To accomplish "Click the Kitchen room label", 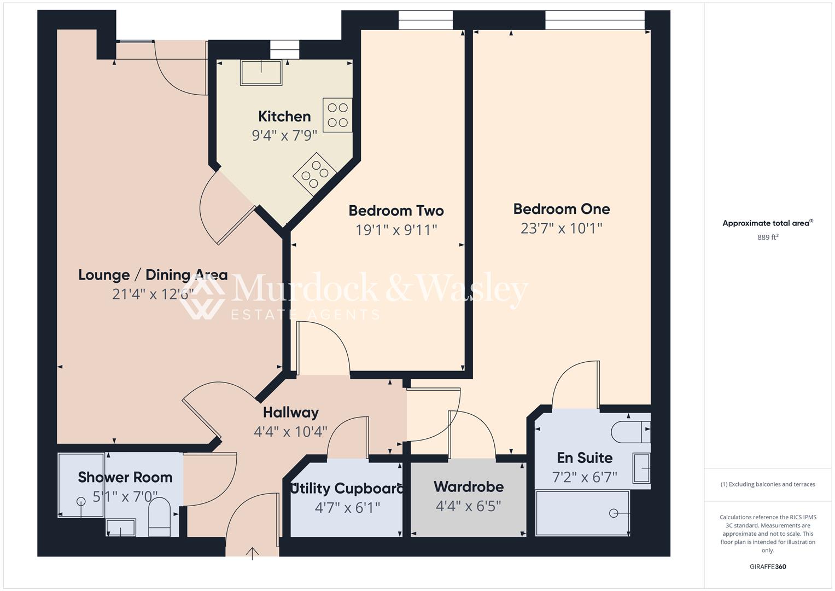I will click(284, 116).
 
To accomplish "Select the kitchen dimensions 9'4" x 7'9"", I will click(284, 135).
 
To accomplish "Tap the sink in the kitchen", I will click(261, 72).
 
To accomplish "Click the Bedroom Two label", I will click(396, 211).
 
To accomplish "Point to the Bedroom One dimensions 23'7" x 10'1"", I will click(561, 228).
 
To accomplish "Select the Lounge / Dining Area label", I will click(153, 275).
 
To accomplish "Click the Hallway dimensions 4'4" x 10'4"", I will click(290, 432).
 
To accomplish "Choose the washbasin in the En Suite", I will click(641, 468).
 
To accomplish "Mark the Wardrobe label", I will click(469, 486).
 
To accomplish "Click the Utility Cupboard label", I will click(347, 488).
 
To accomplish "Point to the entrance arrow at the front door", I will click(252, 553).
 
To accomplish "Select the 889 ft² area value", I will click(767, 237).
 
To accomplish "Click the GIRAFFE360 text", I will click(767, 567).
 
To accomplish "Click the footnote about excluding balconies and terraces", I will click(767, 484).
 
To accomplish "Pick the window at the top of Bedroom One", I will click(594, 20).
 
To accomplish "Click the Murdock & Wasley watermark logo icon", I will click(202, 296).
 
